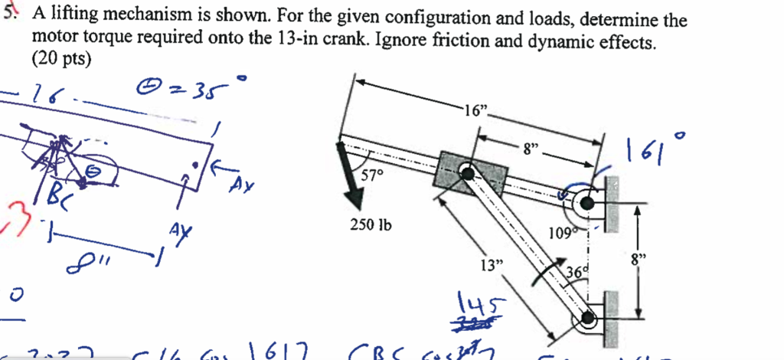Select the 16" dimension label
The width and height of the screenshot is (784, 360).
click(475, 112)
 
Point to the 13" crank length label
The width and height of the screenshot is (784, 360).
click(492, 265)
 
